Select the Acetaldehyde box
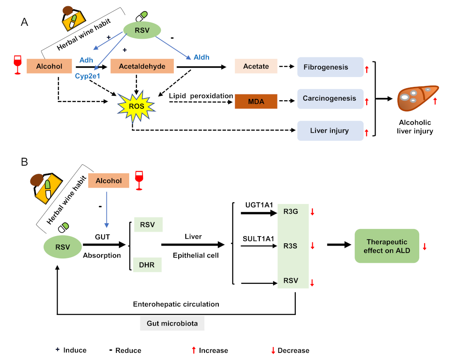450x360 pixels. (x=142, y=66)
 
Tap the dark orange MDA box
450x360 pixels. (x=256, y=102)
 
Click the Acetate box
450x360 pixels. (x=256, y=66)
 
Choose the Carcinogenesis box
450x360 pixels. (x=330, y=98)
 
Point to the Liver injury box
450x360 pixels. (x=330, y=131)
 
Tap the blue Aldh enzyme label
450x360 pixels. (x=201, y=57)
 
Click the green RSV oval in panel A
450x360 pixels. (x=142, y=31)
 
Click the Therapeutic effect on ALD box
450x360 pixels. (x=387, y=245)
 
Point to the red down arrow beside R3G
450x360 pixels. (x=312, y=212)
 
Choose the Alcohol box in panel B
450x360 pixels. (x=109, y=180)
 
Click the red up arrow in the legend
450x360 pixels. (x=193, y=350)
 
